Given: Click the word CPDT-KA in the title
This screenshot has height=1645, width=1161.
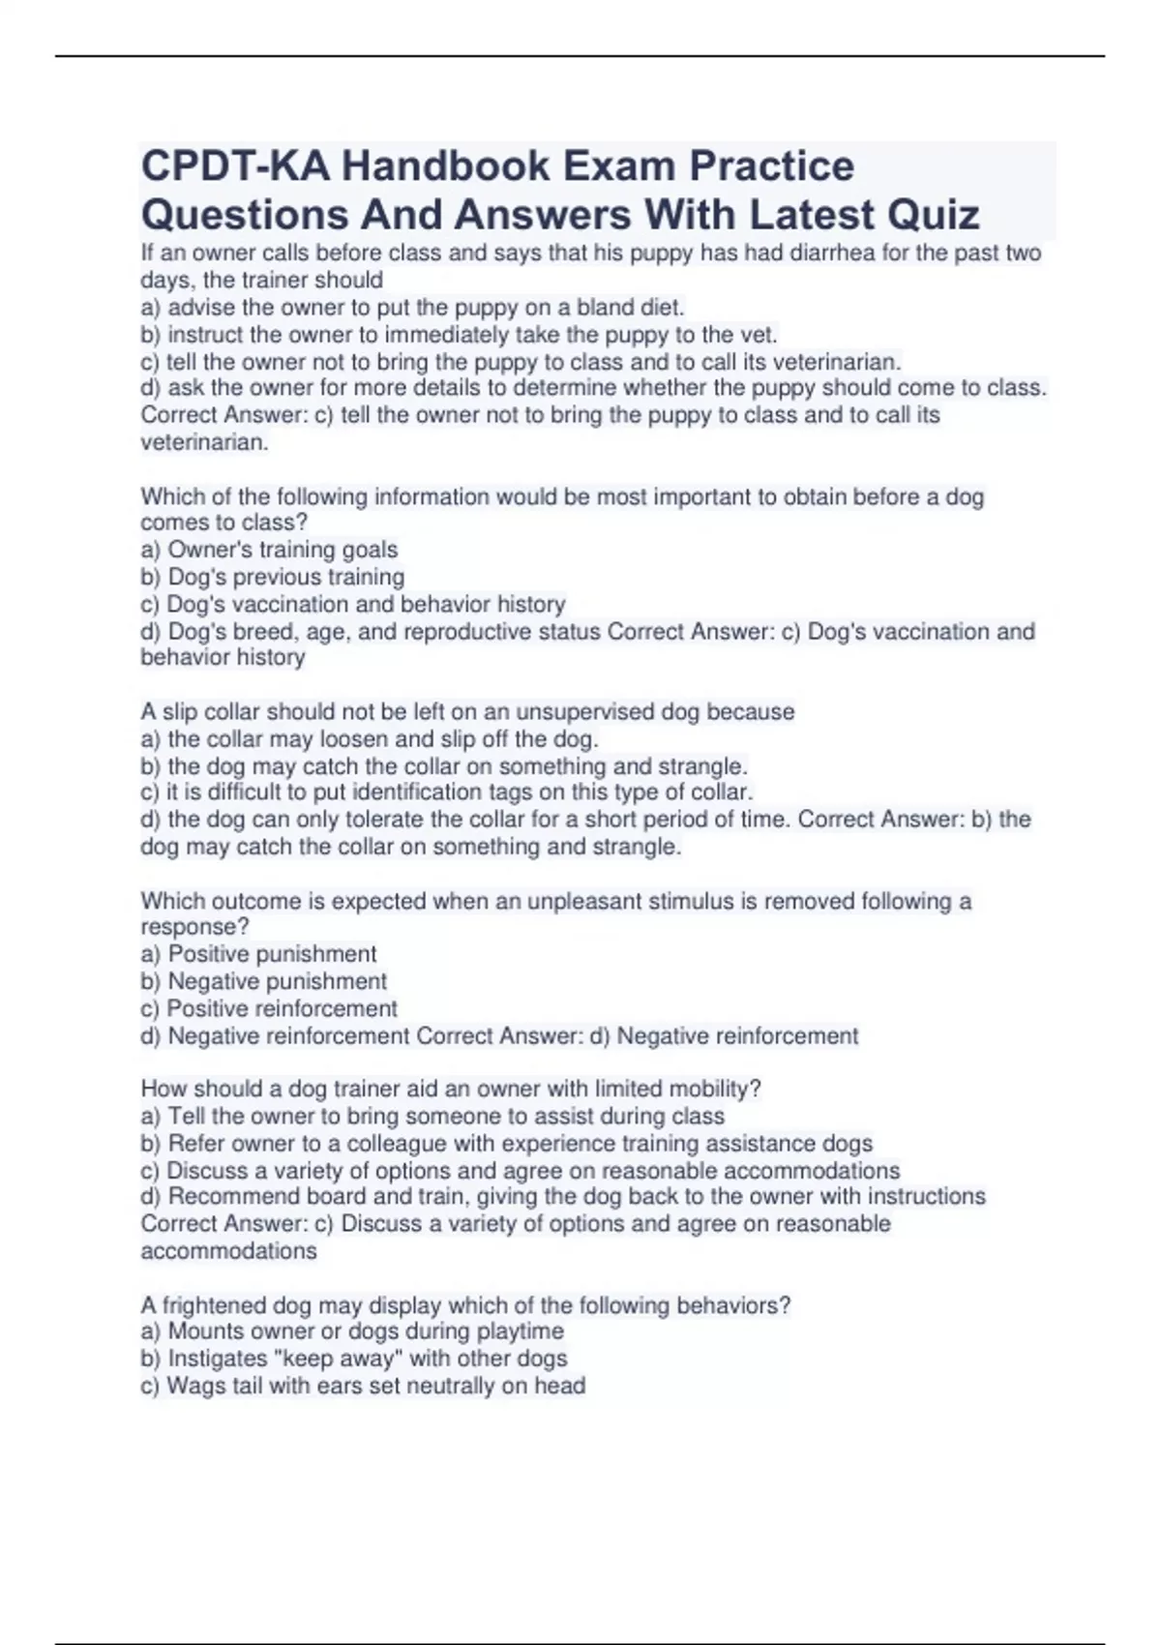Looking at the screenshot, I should click(x=235, y=166).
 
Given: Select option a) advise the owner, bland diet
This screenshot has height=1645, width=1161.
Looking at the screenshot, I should click(x=412, y=308).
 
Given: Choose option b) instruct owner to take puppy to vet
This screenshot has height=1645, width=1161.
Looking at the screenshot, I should click(x=459, y=335).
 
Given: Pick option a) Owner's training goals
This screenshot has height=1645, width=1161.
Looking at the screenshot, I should click(x=269, y=550).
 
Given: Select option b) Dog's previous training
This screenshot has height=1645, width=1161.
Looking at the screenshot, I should click(x=273, y=577).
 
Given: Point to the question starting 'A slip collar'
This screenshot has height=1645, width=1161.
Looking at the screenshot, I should click(x=467, y=712).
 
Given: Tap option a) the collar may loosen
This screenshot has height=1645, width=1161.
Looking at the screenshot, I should click(x=370, y=739).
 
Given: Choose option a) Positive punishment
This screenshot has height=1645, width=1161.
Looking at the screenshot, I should click(x=259, y=954).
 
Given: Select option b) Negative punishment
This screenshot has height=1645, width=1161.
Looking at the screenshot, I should click(x=264, y=981).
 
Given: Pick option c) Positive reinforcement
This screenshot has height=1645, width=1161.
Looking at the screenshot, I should click(x=269, y=1008).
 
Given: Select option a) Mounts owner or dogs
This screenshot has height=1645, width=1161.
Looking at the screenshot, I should click(x=352, y=1331).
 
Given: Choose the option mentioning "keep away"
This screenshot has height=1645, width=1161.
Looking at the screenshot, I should click(x=354, y=1359).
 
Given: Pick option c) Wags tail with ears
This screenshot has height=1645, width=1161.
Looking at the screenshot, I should click(x=363, y=1386).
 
